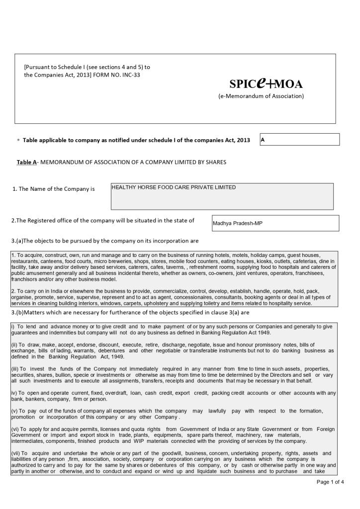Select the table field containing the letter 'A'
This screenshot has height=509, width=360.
(299, 140)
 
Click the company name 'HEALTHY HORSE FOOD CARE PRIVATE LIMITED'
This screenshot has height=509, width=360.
(174, 188)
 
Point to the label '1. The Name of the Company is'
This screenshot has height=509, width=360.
(53, 189)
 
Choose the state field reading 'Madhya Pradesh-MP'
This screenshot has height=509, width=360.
(238, 223)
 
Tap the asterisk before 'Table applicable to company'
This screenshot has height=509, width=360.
(18, 141)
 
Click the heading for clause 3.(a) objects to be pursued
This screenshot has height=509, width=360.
(104, 241)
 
